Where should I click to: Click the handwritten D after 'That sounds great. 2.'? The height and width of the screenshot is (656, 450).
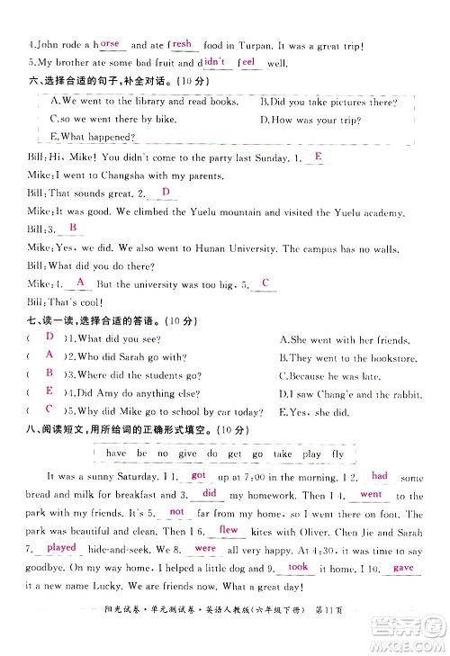pos(165,193)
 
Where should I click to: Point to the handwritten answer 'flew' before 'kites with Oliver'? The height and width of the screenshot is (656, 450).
pos(229,531)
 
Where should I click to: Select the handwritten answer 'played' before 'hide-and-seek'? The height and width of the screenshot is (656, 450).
pos(62,547)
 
